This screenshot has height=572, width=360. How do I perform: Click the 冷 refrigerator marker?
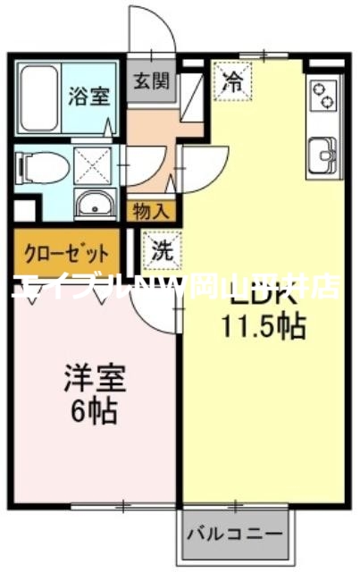tap(233, 84)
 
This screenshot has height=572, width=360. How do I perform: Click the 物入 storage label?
tap(151, 211)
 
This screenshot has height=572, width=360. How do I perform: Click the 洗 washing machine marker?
tap(161, 250)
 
